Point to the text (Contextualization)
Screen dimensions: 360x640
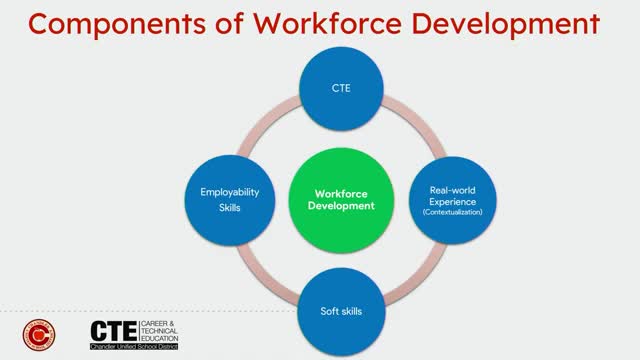(x=455, y=212)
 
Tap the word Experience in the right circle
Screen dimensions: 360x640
(x=455, y=200)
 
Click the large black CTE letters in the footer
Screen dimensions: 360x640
(x=113, y=330)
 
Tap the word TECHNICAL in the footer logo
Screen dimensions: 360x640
(x=162, y=330)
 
